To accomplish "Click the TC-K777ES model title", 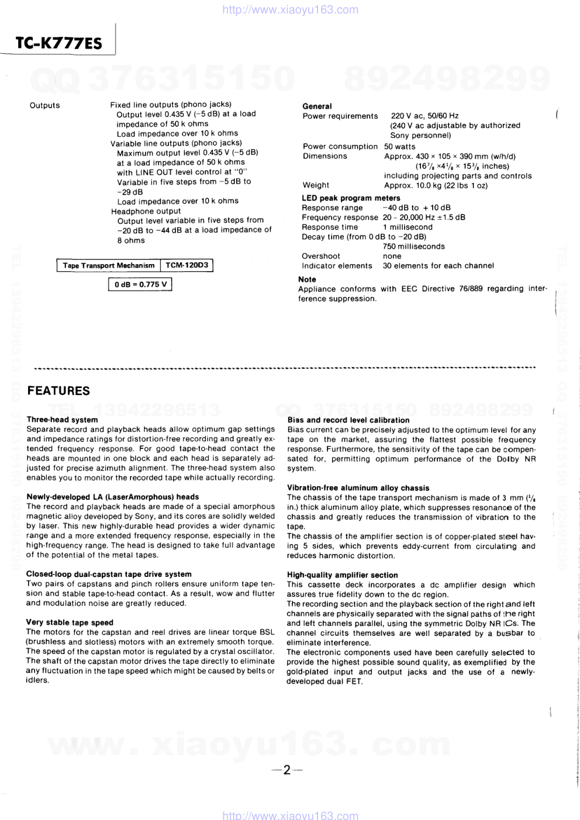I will pyautogui.click(x=58, y=43).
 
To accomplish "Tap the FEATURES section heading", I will pyautogui.click(x=58, y=391).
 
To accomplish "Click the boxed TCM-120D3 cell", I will pyautogui.click(x=187, y=265).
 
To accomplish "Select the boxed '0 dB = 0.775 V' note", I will pyautogui.click(x=140, y=285).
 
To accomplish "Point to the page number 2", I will pyautogui.click(x=286, y=770).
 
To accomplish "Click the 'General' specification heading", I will pyautogui.click(x=317, y=106).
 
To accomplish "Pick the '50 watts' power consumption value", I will pyautogui.click(x=400, y=147).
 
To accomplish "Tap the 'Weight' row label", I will pyautogui.click(x=316, y=185).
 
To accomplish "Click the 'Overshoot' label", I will pyautogui.click(x=320, y=256).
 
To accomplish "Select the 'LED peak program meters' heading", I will pyautogui.click(x=351, y=198).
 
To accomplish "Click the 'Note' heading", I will pyautogui.click(x=307, y=279).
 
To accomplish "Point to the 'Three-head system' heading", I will pyautogui.click(x=62, y=420).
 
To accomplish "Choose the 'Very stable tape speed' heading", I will pyautogui.click(x=70, y=622).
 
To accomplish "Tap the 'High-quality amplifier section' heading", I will pyautogui.click(x=342, y=575).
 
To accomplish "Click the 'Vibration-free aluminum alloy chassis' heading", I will pyautogui.click(x=358, y=488).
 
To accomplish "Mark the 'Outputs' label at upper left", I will pyautogui.click(x=44, y=105).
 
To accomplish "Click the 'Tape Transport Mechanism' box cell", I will pyautogui.click(x=109, y=265).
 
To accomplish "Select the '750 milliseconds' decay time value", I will pyautogui.click(x=413, y=247).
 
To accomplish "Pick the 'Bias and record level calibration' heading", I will pyautogui.click(x=348, y=420).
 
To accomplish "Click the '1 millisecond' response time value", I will pyautogui.click(x=408, y=227).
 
